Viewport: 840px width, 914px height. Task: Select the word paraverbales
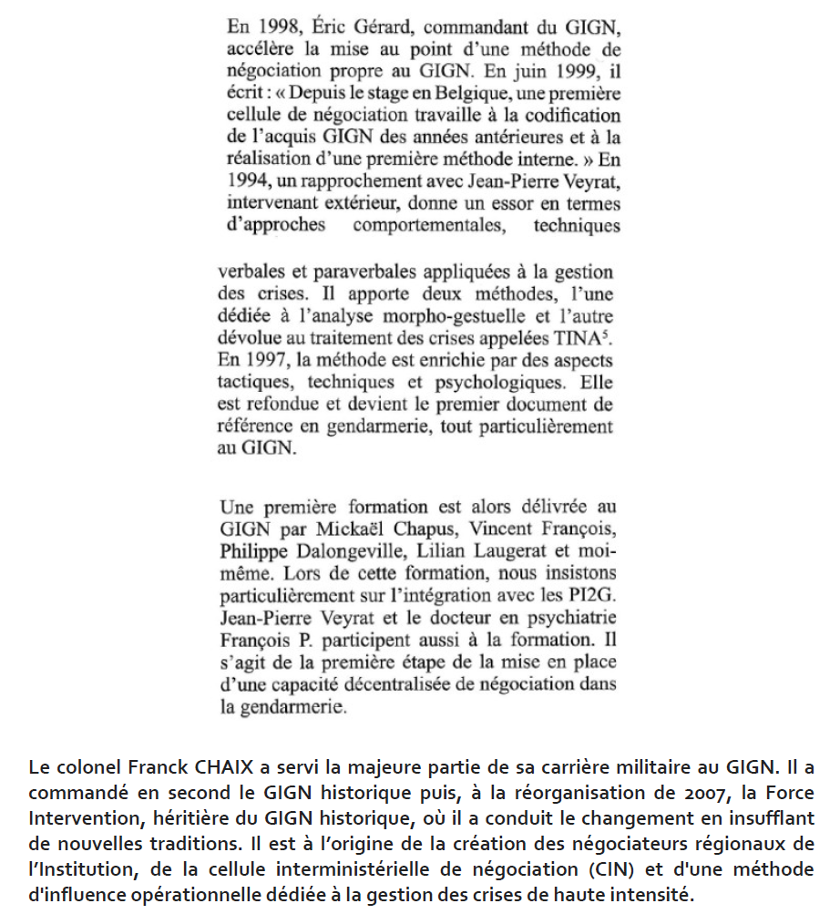[x=391, y=272]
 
